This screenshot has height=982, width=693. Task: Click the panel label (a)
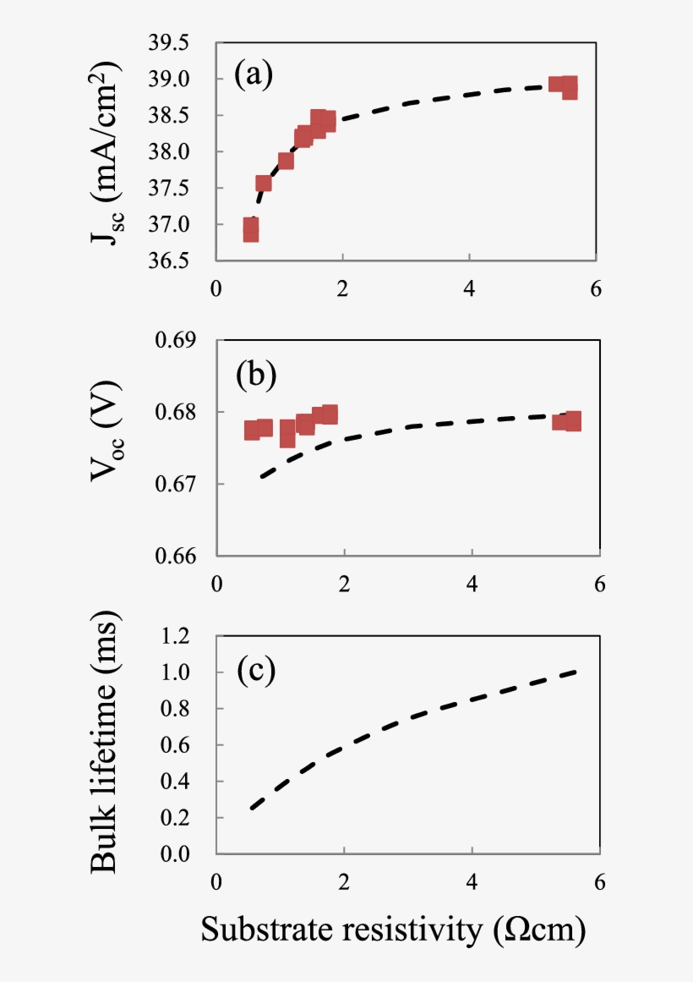pyautogui.click(x=254, y=76)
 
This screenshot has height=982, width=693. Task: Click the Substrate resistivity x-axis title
pyautogui.click(x=393, y=930)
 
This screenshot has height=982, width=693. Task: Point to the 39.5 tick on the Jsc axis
pyautogui.click(x=169, y=43)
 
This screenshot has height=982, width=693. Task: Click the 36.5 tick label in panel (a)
pyautogui.click(x=169, y=261)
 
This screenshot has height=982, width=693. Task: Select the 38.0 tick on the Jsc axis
pyautogui.click(x=169, y=152)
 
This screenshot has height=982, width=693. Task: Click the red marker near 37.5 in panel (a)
pyautogui.click(x=264, y=184)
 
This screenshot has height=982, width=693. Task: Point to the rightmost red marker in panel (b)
pyautogui.click(x=572, y=421)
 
